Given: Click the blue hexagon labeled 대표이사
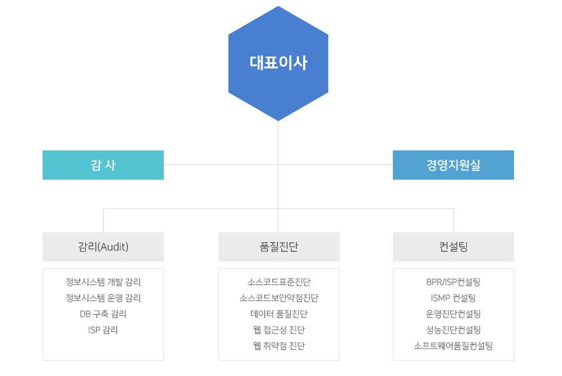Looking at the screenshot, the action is [278, 63].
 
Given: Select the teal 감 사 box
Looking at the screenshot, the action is [103, 165].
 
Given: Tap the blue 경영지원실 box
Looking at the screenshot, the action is [453, 165].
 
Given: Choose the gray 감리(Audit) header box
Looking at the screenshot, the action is [103, 247].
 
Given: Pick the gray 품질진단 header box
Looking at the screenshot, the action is [279, 247].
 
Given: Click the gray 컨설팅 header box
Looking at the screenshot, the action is [453, 247].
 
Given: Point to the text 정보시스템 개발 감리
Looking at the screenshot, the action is [103, 282].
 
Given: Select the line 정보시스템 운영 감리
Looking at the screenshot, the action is [103, 298].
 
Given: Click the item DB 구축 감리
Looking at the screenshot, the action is [103, 314].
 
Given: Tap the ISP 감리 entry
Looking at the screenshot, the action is [103, 330].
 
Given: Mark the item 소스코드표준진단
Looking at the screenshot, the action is [279, 282].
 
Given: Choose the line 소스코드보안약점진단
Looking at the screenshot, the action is [279, 298].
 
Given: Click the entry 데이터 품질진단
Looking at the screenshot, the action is [279, 314].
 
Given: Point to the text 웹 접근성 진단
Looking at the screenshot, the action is [279, 330].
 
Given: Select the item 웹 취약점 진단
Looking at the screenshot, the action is [279, 346].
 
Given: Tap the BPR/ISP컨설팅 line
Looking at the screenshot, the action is [453, 282].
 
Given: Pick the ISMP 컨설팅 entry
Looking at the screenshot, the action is [453, 298].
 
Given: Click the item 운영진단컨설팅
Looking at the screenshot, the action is [453, 314].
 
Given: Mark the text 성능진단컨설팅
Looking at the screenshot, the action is [453, 330].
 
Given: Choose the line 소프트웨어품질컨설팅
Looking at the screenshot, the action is [453, 346].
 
